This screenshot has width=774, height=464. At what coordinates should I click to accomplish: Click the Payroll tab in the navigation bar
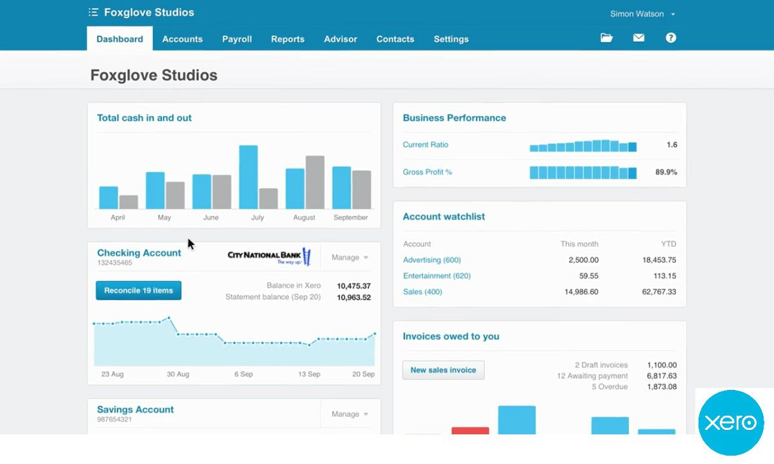(x=237, y=39)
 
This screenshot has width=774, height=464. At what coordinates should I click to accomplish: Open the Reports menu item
(x=288, y=39)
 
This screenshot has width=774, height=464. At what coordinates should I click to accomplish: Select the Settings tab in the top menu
(x=451, y=39)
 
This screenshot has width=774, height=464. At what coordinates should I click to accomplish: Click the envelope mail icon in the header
(x=639, y=38)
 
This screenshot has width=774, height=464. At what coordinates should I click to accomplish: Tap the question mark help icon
(x=671, y=38)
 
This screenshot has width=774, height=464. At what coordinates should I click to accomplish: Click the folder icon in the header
(x=606, y=38)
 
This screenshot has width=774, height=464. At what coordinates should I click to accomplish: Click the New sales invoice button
(x=443, y=370)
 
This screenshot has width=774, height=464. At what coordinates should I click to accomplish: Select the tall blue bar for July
(x=248, y=177)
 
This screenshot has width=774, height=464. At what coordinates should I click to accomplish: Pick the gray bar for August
(x=315, y=182)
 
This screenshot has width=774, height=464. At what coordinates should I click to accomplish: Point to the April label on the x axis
(x=117, y=218)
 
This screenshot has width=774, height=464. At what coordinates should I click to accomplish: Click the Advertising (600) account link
(x=432, y=260)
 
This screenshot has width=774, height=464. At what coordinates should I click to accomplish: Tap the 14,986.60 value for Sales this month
(x=581, y=292)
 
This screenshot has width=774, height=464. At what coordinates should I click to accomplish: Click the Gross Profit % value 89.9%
(x=666, y=173)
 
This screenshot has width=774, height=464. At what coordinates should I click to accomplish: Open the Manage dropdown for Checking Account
(x=350, y=258)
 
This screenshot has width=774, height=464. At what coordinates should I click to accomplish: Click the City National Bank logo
(x=269, y=256)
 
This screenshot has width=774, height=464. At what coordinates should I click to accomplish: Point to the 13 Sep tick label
(x=309, y=374)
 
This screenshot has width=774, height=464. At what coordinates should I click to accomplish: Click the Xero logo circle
(x=731, y=423)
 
